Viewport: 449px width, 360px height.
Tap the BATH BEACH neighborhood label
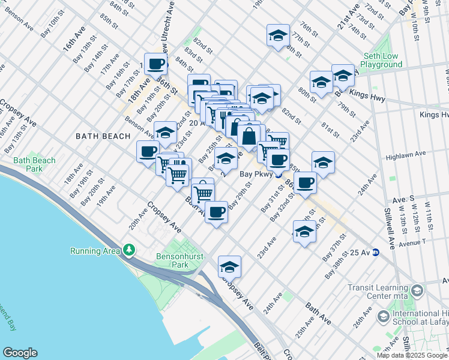tap(103, 136)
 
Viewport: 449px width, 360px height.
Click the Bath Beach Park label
tap(34, 164)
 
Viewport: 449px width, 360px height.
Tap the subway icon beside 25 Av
tap(375, 252)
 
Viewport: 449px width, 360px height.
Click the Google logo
tap(20, 353)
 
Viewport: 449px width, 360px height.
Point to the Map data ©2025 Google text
tap(411, 355)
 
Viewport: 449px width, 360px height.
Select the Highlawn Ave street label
tap(405, 154)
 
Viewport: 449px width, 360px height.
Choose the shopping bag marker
tap(248, 135)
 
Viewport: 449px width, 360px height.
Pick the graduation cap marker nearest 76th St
tap(278, 36)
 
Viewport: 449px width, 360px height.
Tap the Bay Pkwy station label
tap(252, 175)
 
